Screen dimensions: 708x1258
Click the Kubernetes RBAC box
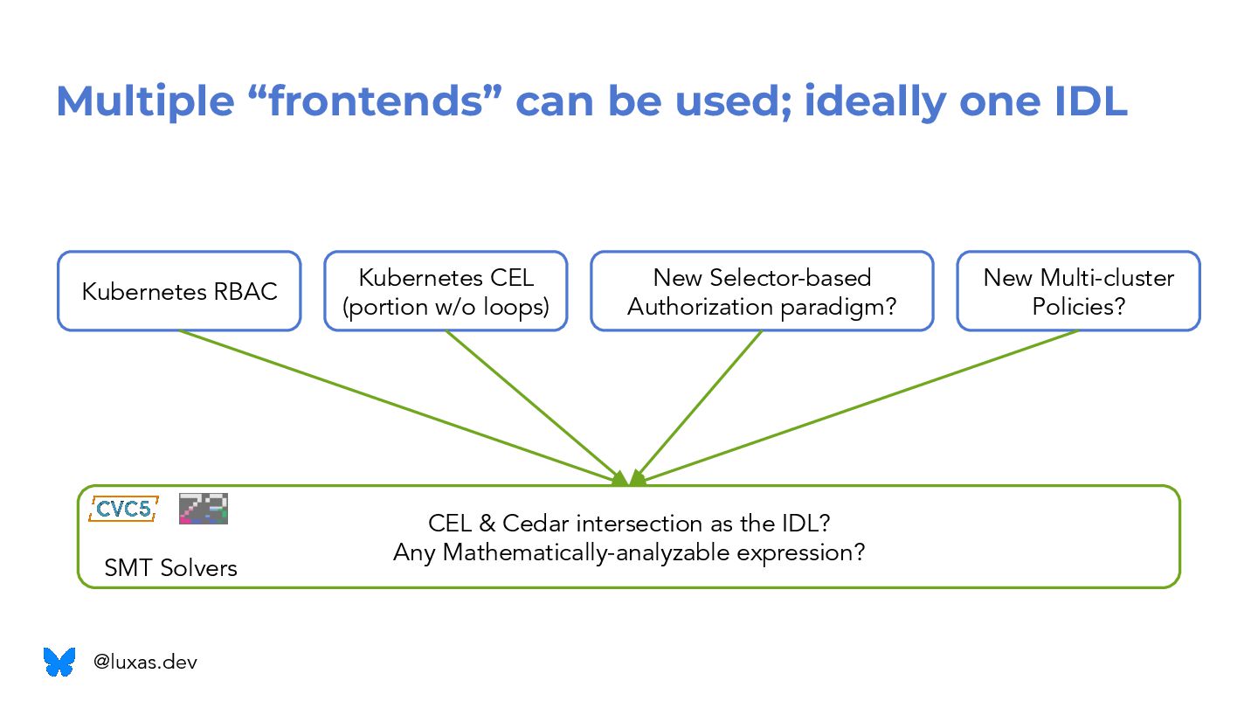pyautogui.click(x=179, y=291)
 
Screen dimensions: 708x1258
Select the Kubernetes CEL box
pyautogui.click(x=446, y=291)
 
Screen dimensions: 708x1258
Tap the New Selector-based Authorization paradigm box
pyautogui.click(x=762, y=291)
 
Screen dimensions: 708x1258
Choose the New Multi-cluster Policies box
pyautogui.click(x=1078, y=291)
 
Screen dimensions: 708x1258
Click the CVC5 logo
pyautogui.click(x=123, y=509)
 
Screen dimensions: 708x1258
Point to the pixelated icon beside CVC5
pyautogui.click(x=204, y=509)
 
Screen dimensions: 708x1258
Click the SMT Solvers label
pyautogui.click(x=170, y=568)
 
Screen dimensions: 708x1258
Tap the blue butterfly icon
pyautogui.click(x=59, y=662)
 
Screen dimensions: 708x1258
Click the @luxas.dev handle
pyautogui.click(x=145, y=663)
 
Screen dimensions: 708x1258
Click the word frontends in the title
pyautogui.click(x=376, y=102)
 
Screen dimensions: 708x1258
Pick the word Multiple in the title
pyautogui.click(x=145, y=102)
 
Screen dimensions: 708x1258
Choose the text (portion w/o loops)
pyautogui.click(x=446, y=308)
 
